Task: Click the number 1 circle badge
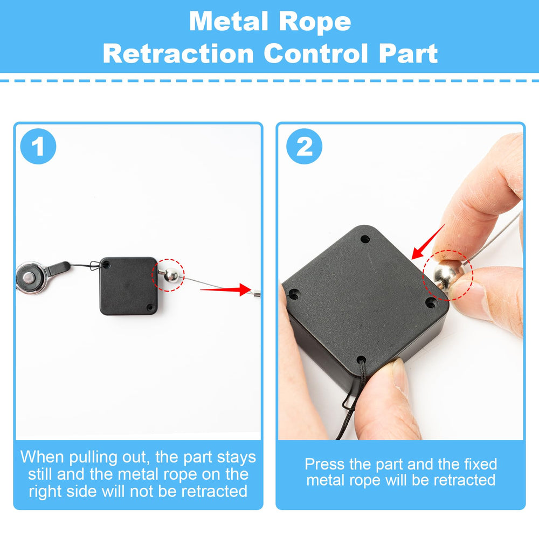[38, 146]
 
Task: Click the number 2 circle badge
[305, 146]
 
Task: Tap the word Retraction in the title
[177, 54]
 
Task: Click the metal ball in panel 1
[171, 275]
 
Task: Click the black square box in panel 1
[128, 286]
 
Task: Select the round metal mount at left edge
[25, 277]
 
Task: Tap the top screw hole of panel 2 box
[366, 238]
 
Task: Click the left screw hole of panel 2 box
[294, 295]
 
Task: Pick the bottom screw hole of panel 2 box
[361, 358]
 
